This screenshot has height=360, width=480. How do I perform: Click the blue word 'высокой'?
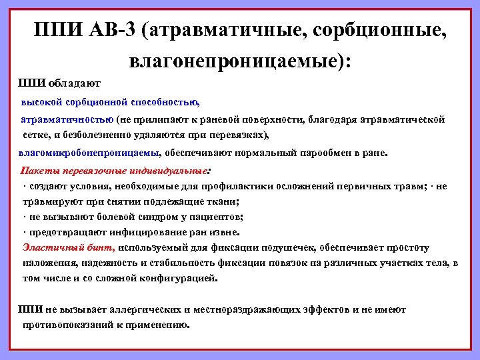[x=41, y=103]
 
